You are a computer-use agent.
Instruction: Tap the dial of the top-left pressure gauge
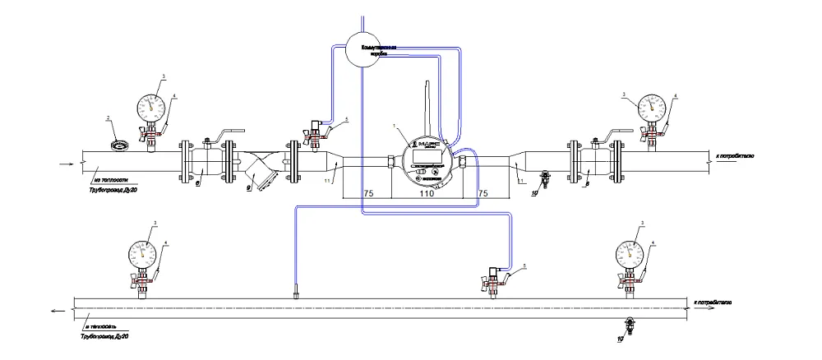tap(150, 104)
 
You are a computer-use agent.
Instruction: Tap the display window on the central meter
tap(427, 155)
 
